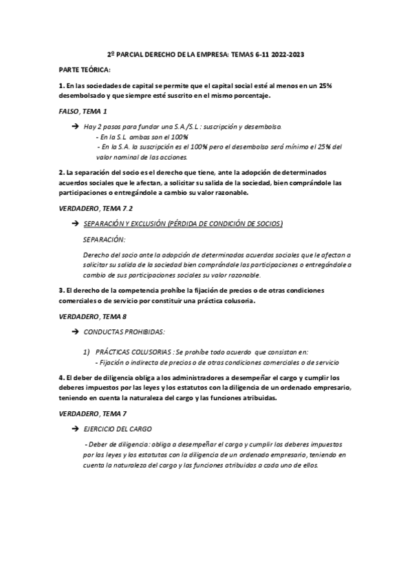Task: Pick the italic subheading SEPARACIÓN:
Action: [x=104, y=240]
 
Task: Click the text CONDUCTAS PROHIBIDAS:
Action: [x=124, y=332]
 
